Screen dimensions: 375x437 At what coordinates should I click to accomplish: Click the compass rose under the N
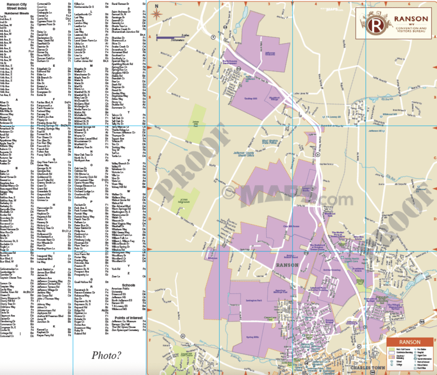click(157, 14)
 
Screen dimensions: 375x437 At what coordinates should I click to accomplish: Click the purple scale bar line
click(164, 38)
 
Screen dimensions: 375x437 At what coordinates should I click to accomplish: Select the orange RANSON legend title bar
click(409, 342)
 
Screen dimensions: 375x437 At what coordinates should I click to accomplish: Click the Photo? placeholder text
click(106, 354)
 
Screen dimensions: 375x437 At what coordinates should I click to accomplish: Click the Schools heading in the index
click(128, 284)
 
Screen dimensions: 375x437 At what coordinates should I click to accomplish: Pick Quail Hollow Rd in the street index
click(84, 282)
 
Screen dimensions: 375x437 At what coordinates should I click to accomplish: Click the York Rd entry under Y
click(116, 269)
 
